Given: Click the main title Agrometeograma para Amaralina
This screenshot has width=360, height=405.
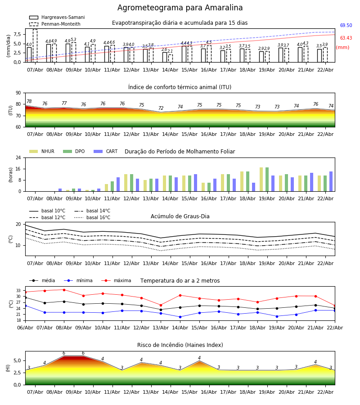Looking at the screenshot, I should (x=180, y=8).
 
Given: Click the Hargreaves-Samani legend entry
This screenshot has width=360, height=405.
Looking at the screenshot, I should (x=63, y=18).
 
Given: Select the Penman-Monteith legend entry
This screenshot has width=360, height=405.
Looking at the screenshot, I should (x=61, y=24).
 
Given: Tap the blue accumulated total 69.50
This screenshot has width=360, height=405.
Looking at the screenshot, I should (x=346, y=26).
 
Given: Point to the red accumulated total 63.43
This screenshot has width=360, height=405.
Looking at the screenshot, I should (x=346, y=38).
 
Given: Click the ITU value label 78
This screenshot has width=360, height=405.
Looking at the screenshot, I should (x=29, y=102).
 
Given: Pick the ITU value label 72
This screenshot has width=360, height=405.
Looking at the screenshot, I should (x=161, y=108).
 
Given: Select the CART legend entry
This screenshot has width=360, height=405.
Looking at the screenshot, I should (x=112, y=152).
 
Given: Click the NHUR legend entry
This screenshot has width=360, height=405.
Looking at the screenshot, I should (x=47, y=152).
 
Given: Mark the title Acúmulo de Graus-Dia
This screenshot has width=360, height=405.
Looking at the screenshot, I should (x=180, y=216).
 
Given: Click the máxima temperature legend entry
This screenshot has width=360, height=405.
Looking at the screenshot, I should (x=122, y=281).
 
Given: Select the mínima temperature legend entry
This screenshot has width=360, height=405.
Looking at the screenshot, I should (x=84, y=281).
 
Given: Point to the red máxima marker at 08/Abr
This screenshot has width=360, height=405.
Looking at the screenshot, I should (x=64, y=290).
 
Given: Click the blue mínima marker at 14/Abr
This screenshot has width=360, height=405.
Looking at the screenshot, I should (x=180, y=317).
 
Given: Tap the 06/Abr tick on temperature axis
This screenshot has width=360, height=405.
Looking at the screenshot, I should (x=25, y=327).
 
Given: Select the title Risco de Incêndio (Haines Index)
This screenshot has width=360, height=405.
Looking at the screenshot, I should (x=180, y=345).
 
